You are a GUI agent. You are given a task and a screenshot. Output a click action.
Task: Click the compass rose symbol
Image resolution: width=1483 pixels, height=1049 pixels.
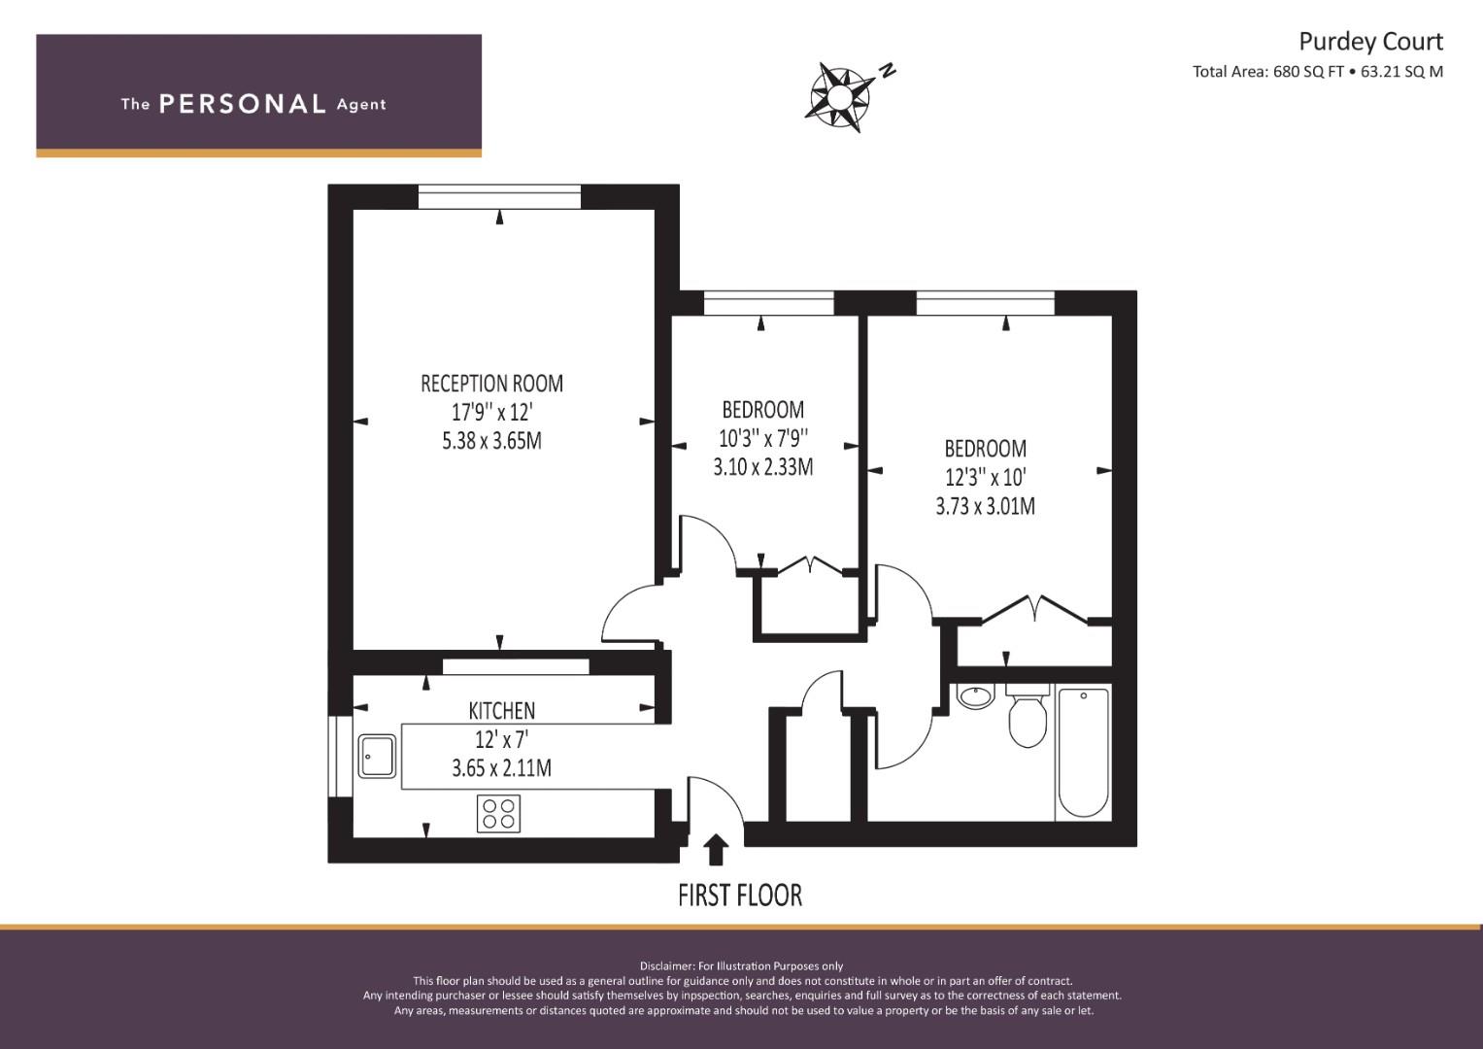pos(839,97)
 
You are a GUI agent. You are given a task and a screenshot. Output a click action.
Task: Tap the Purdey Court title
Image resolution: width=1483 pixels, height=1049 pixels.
pos(1370,42)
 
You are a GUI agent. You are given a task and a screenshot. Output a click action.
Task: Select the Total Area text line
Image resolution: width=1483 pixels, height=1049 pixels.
pos(1318,72)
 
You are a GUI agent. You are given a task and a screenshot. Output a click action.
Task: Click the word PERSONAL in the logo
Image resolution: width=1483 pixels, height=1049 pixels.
pos(243,104)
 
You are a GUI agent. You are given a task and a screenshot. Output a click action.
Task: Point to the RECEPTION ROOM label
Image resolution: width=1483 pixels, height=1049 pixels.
pos(492,384)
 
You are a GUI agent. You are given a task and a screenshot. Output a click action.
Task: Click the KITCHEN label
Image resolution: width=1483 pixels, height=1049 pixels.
pos(502,711)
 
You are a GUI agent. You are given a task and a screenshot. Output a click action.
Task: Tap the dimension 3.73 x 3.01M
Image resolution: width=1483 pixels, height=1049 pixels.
pos(985,507)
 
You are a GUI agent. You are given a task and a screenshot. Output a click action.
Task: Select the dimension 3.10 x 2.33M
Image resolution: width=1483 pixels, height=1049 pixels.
pos(763,467)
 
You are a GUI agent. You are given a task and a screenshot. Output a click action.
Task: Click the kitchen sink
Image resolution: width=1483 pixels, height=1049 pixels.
pos(378,756)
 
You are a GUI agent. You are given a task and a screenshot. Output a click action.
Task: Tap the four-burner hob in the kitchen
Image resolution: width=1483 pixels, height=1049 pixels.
pos(498,813)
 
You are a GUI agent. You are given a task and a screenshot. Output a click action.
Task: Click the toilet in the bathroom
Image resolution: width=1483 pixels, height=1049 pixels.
pos(1028,715)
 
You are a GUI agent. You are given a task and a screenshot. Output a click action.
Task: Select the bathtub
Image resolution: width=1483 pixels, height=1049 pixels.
pos(1083,753)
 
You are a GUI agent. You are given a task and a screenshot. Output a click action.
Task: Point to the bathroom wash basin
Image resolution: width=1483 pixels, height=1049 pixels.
pos(976,696)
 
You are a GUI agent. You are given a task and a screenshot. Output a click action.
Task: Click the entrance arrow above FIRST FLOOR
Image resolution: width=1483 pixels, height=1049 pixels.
pos(715,849)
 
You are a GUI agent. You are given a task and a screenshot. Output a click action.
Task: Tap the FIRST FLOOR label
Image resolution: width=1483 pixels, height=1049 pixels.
pos(740,896)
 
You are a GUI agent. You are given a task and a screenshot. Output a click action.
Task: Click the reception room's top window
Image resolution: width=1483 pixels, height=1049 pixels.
pos(500,196)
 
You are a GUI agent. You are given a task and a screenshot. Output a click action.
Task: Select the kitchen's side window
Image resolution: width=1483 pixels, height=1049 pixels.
pos(340,756)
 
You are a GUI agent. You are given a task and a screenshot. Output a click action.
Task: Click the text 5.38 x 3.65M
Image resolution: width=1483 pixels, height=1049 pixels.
pos(492,441)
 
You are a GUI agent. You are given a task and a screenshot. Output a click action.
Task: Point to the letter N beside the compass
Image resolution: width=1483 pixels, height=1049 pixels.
pos(888,70)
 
